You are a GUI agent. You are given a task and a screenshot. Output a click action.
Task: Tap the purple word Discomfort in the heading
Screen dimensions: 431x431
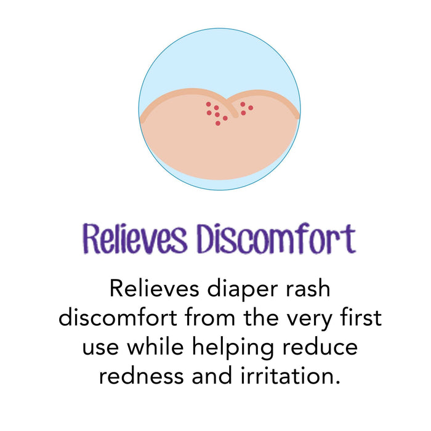point(275,239)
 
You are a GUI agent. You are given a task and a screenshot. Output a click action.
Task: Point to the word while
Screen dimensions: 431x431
point(155,347)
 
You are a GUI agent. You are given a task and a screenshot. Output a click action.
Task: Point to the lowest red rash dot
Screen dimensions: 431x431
point(217,124)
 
